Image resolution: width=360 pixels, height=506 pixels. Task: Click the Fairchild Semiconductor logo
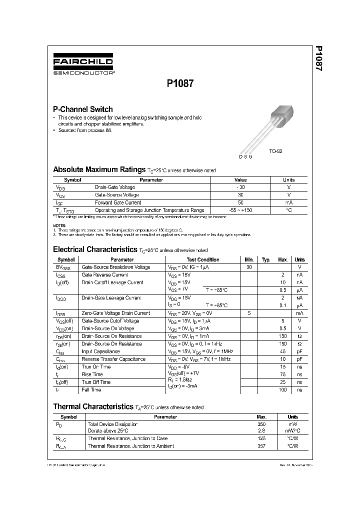(x=83, y=64)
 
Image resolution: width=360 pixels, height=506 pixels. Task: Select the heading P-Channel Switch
(x=83, y=109)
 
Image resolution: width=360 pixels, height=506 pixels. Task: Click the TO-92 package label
(x=275, y=150)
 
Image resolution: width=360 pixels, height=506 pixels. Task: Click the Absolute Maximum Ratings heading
(x=99, y=169)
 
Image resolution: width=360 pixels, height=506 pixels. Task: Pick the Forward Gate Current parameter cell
(x=118, y=202)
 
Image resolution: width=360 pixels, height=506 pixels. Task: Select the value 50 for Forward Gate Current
(x=240, y=202)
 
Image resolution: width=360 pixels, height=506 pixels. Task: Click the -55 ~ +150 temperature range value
(x=240, y=210)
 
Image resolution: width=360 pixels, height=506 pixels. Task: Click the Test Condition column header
(x=203, y=259)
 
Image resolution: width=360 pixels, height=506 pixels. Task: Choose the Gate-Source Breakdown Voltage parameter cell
(x=115, y=267)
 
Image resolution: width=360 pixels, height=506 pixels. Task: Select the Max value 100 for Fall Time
(x=282, y=389)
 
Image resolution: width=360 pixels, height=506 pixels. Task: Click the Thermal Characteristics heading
(x=92, y=407)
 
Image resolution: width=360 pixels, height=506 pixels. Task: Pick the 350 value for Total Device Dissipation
(x=261, y=423)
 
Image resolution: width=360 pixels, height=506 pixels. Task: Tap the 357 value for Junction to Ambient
(x=261, y=445)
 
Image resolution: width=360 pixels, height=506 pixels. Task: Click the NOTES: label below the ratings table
(x=59, y=226)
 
